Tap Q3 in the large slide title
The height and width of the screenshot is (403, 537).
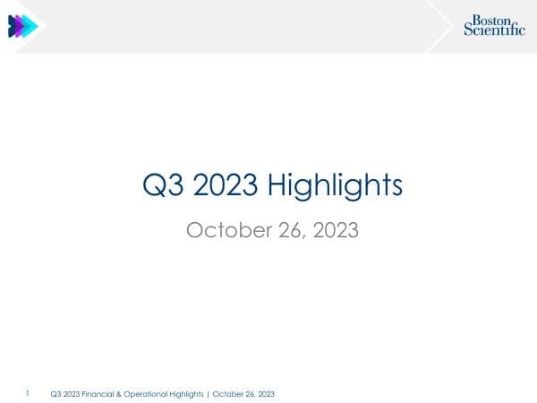tap(162, 185)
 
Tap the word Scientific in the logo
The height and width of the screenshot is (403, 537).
tap(494, 30)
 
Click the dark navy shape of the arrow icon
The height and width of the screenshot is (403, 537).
tap(13, 26)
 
